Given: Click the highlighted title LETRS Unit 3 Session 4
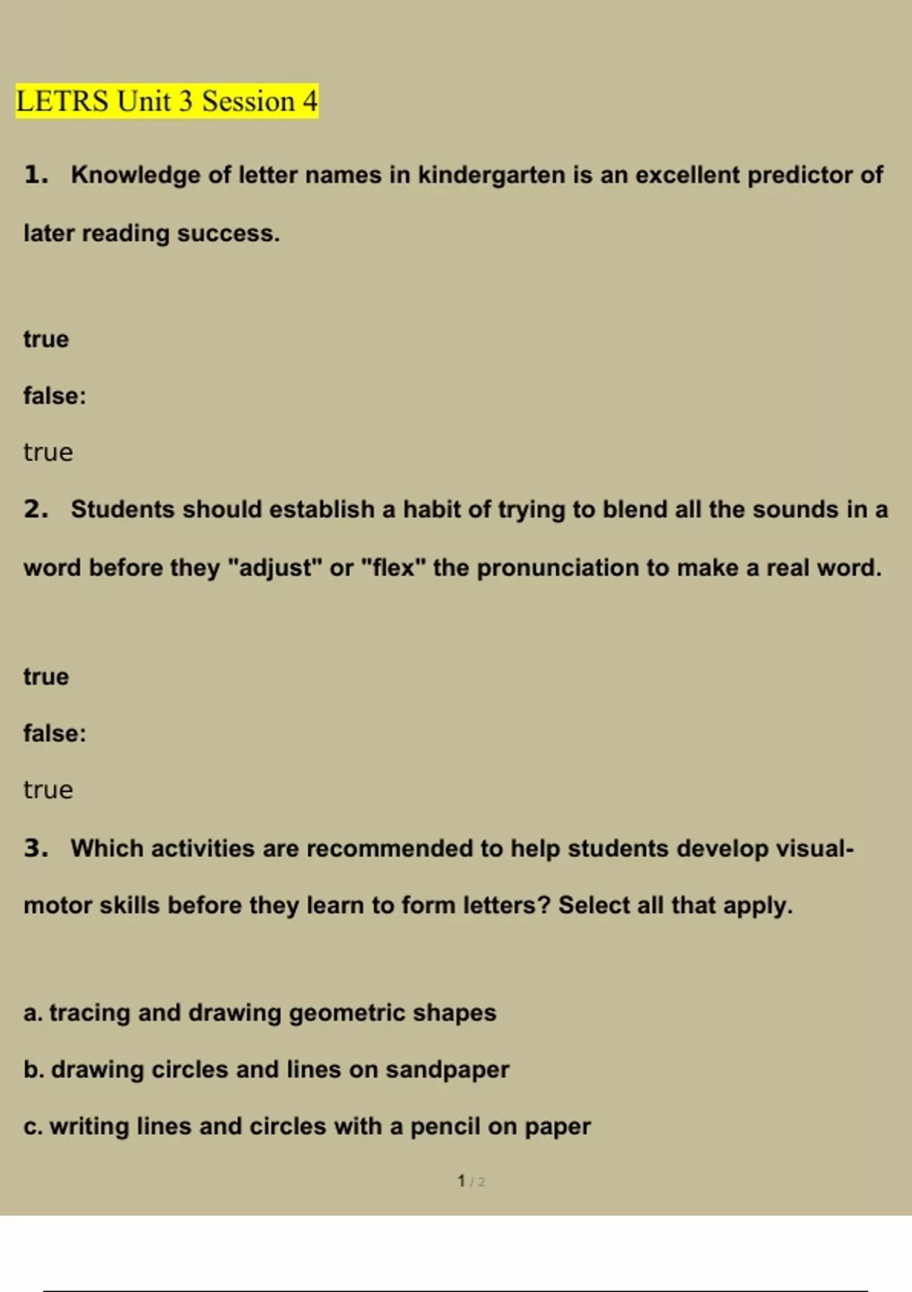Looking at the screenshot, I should point(166,101).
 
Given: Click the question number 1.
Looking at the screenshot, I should point(36,175).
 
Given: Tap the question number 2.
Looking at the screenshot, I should point(36,509).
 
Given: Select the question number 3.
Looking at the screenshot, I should point(36,848).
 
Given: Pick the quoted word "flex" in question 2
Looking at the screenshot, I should point(393,568).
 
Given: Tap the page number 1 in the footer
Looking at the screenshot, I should point(461,1181).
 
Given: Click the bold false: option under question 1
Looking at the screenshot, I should point(55,396).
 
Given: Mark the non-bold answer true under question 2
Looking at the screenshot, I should point(48,790).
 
